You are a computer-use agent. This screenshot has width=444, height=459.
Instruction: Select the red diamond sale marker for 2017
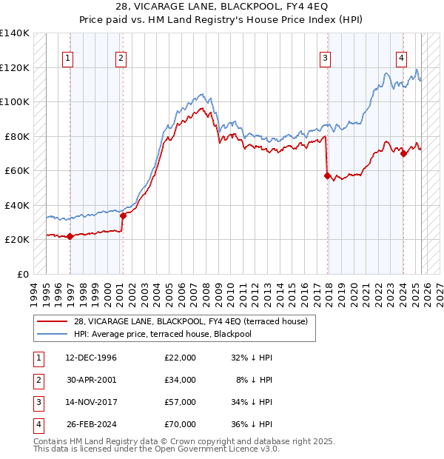tap(326, 175)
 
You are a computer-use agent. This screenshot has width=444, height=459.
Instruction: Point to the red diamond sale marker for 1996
tap(70, 236)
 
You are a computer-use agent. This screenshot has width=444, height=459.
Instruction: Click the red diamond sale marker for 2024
tap(403, 153)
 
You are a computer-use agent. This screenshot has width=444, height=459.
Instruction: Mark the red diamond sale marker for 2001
tap(124, 215)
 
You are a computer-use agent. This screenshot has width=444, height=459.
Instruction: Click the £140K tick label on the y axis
tap(15, 33)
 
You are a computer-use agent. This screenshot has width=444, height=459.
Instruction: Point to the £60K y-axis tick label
tap(17, 170)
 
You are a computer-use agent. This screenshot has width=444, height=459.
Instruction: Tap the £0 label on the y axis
tap(22, 274)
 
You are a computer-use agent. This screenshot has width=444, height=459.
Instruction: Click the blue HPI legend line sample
tap(52, 334)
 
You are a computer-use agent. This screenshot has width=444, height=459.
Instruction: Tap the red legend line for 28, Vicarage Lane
tap(52, 321)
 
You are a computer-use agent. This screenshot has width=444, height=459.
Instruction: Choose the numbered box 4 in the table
tap(38, 424)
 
